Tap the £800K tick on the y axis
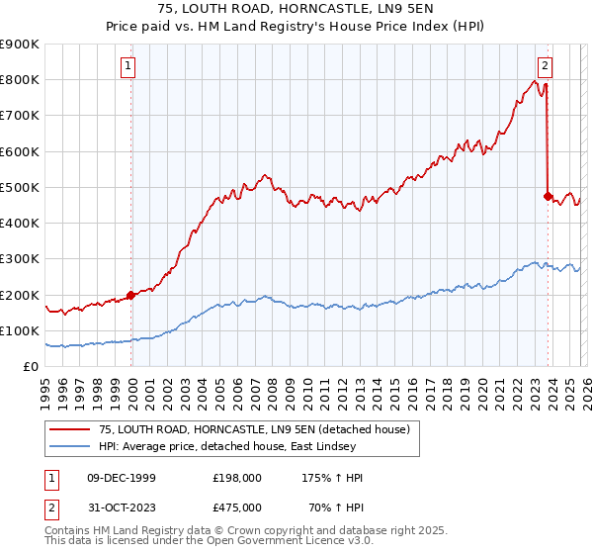[20, 80]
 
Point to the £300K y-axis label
[20, 259]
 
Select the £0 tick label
[30, 367]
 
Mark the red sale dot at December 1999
[131, 295]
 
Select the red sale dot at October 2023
[548, 196]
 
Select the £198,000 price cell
[236, 478]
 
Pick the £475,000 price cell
[236, 507]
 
